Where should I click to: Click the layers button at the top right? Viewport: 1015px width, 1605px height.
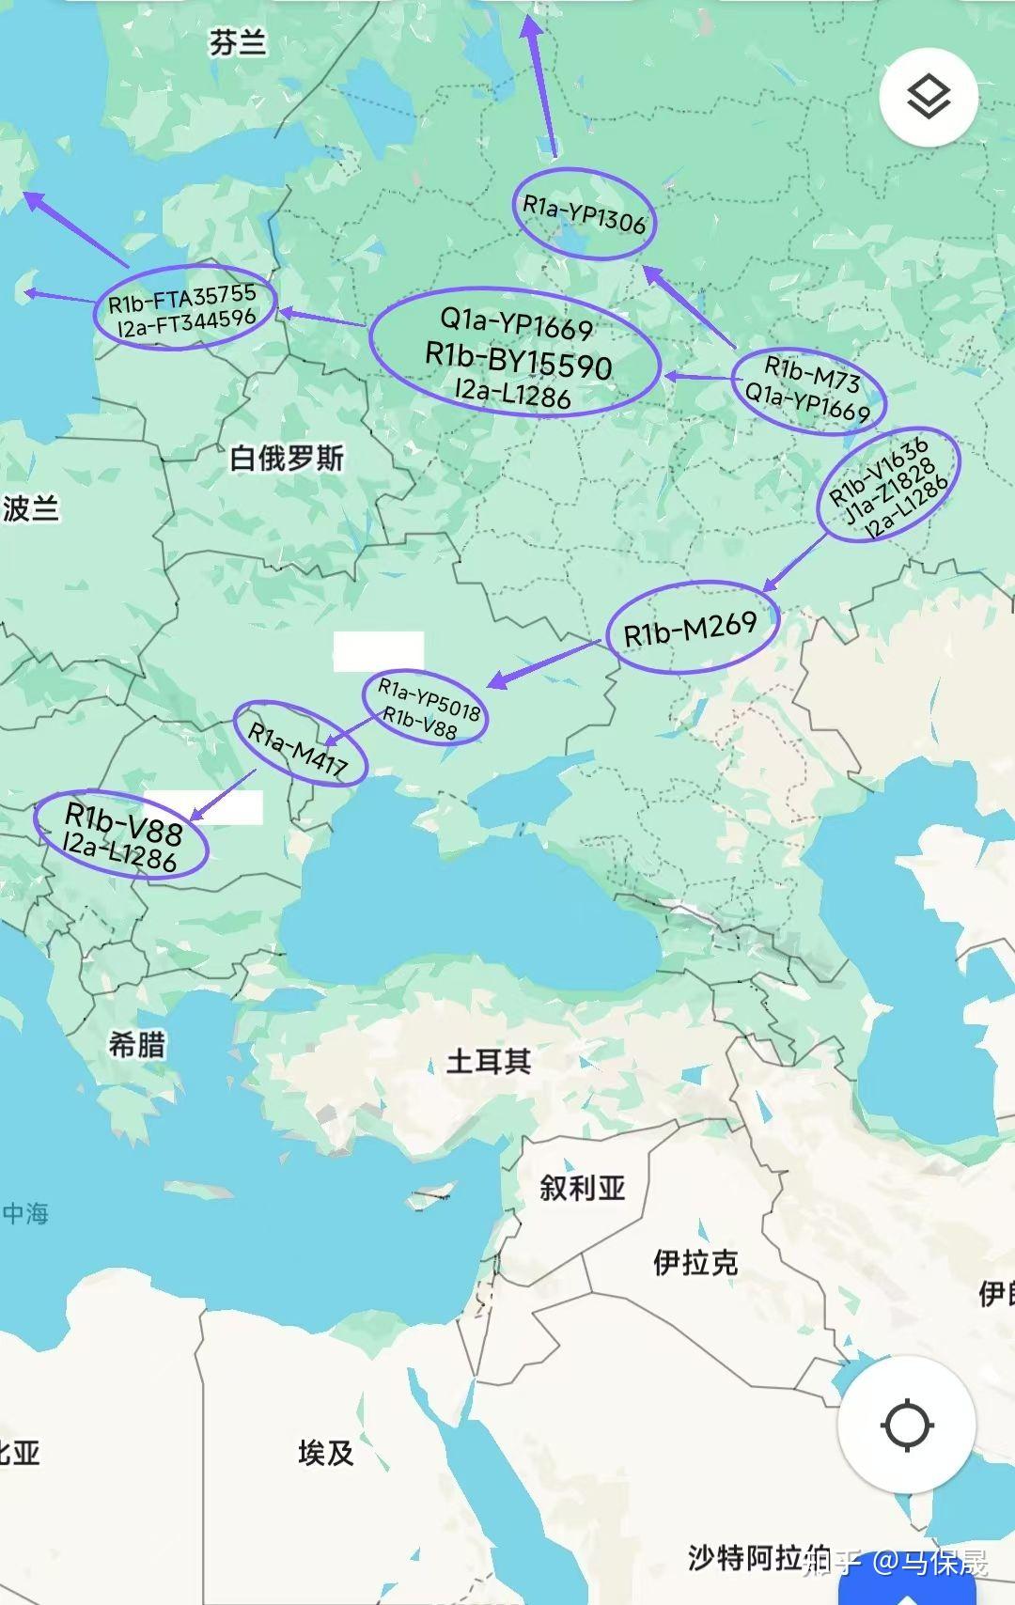(929, 97)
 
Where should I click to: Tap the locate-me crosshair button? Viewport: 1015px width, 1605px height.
(906, 1425)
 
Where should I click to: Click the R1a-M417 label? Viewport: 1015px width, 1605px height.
(297, 750)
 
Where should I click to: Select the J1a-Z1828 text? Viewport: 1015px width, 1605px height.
(889, 489)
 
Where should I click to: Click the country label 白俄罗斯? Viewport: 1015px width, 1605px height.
(287, 459)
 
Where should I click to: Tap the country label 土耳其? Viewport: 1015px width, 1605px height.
(489, 1061)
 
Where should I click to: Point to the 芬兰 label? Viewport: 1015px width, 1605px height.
(238, 43)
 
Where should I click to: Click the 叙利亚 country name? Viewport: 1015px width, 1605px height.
(583, 1188)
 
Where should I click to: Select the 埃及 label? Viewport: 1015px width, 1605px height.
(326, 1453)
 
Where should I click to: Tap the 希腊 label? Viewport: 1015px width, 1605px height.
(137, 1044)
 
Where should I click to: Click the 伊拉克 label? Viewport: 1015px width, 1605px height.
(695, 1262)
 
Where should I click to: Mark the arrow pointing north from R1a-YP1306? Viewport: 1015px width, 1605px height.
(543, 85)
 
